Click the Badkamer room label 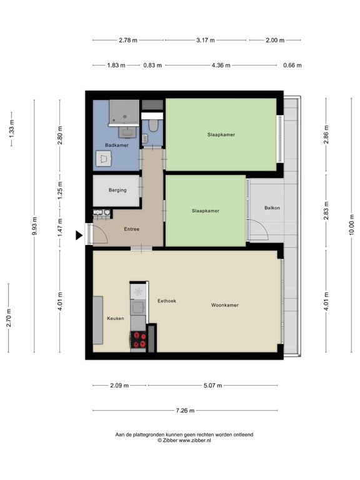117,145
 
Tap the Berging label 117,190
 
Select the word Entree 131,229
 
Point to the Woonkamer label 225,305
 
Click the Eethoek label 167,301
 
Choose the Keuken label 115,318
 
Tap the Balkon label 272,207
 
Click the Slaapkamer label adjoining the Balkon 206,211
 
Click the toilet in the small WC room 154,125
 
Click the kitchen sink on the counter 138,291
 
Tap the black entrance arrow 79,236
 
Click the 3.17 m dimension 205,40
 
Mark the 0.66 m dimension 292,65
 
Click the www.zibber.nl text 195,440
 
